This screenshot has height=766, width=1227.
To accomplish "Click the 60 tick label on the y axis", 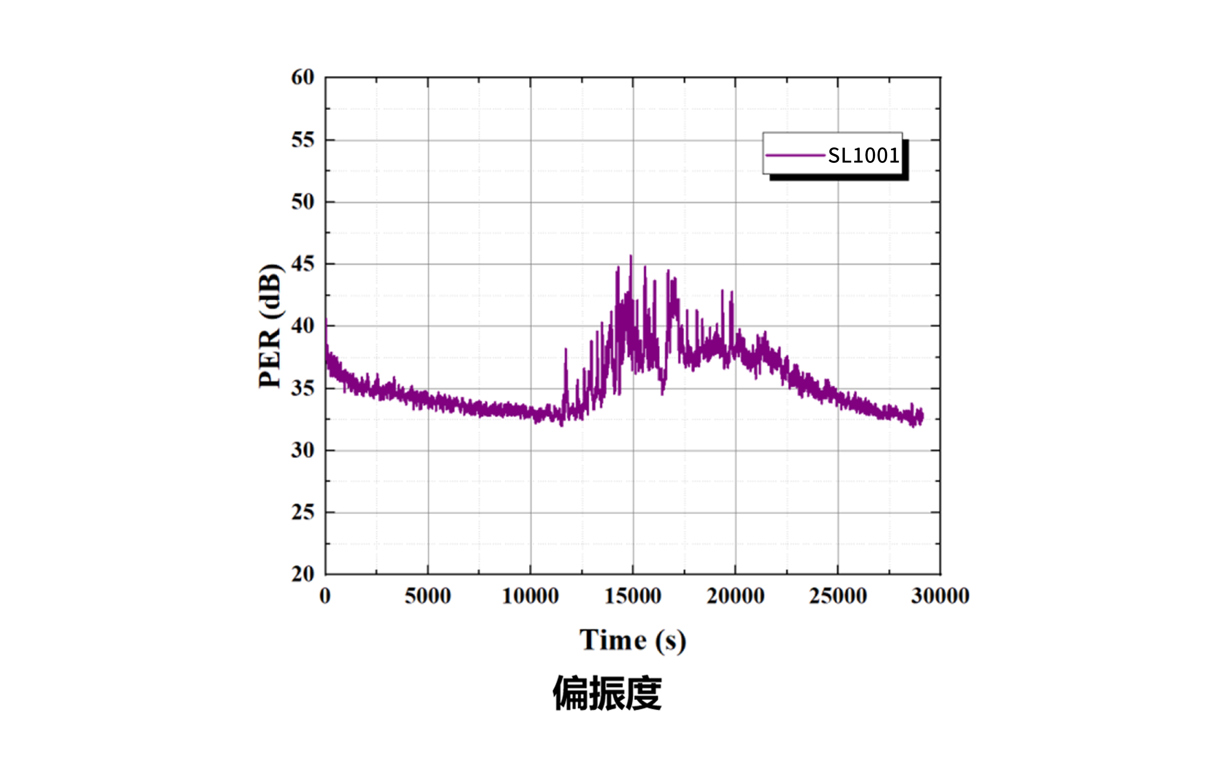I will click(x=303, y=77).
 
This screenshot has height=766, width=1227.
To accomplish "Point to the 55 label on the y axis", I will click(x=303, y=140).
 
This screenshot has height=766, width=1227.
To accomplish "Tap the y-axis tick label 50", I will click(x=303, y=202).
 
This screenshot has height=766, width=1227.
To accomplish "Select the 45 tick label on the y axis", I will click(x=303, y=264).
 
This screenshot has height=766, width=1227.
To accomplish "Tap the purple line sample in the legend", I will click(x=794, y=155).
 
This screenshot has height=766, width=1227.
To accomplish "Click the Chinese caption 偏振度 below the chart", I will click(x=607, y=693).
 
